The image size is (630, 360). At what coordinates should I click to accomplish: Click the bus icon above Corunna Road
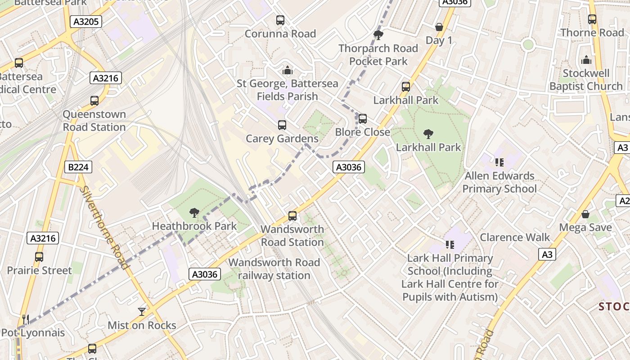[280, 20]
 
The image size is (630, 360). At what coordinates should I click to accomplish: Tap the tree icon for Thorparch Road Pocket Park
[378, 35]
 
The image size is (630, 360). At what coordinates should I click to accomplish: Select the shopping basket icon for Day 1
[439, 27]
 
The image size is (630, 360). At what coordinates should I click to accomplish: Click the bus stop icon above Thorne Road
[592, 19]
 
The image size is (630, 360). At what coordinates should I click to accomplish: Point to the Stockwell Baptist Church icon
[586, 60]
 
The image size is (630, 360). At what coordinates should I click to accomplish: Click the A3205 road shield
[86, 22]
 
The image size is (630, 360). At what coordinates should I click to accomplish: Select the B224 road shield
[78, 167]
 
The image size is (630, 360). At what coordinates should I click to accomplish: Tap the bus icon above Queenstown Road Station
[94, 101]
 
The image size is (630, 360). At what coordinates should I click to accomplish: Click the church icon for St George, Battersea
[287, 70]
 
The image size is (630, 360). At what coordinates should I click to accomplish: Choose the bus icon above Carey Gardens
[282, 125]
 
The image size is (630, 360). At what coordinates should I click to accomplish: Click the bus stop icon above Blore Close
[363, 119]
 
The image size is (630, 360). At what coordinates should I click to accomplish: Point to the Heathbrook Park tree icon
[194, 212]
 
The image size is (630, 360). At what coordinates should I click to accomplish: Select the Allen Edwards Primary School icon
[499, 162]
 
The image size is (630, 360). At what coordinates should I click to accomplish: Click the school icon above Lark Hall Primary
[450, 245]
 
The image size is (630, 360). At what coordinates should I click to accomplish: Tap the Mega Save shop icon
[585, 214]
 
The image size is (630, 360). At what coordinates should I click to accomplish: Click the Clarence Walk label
[515, 237]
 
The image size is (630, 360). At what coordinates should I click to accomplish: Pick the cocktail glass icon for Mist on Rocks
[142, 311]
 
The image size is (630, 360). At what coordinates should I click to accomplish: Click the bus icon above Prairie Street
[39, 257]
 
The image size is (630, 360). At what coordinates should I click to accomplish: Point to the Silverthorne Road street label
[105, 227]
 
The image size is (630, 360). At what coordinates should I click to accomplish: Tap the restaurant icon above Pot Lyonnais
[26, 319]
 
